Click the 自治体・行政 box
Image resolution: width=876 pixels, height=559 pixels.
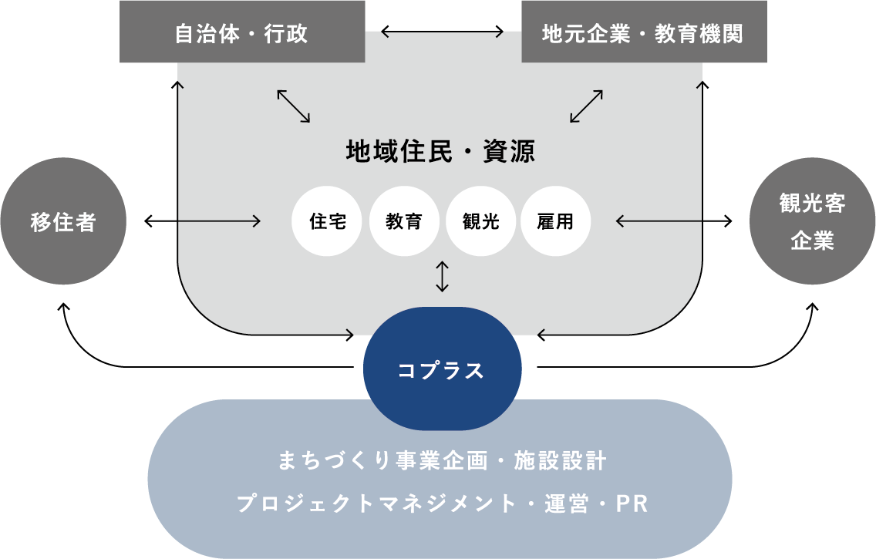(x=241, y=33)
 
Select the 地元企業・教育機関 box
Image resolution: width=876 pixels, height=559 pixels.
(x=643, y=33)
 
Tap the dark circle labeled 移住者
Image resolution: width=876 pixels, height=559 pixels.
(x=63, y=222)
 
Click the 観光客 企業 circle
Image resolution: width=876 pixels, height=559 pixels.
(x=812, y=222)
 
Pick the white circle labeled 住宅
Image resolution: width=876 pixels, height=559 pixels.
(x=328, y=222)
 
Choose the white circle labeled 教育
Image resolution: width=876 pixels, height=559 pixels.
(x=404, y=222)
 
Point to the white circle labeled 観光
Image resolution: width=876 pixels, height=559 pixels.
(x=480, y=222)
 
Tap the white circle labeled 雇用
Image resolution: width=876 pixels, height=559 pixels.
(x=556, y=222)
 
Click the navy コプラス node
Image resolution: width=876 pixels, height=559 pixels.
(x=442, y=370)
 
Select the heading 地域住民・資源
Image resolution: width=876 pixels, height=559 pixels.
(x=441, y=151)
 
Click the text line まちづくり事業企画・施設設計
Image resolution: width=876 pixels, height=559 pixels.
(x=441, y=462)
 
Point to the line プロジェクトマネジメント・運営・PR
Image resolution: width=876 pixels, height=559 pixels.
(x=441, y=504)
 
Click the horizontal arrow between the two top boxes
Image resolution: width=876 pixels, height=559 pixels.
(x=443, y=32)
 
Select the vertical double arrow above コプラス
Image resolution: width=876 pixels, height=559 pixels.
(x=442, y=276)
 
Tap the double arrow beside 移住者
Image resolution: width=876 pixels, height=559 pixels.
(x=202, y=222)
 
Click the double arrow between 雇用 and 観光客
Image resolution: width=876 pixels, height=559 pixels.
(x=674, y=222)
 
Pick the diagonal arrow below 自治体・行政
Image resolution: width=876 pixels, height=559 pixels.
(x=293, y=106)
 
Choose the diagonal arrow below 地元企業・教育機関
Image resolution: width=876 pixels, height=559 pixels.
(x=586, y=106)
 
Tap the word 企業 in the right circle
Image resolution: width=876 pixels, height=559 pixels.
(x=812, y=241)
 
